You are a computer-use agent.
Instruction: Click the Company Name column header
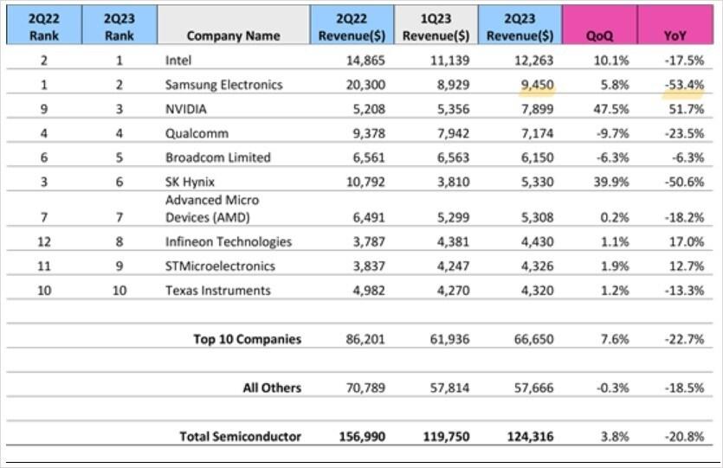[233, 35]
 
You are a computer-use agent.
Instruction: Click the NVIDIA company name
[186, 110]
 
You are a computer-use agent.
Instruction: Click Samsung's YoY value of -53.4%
[683, 85]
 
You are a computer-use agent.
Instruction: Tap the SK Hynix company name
[190, 182]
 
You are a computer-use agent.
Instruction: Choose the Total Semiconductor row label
[240, 436]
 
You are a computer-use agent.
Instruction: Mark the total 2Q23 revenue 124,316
[529, 436]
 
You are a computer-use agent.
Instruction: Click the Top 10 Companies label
[247, 339]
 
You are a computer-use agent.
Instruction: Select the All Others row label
[271, 388]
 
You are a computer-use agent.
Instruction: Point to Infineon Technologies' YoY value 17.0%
[686, 242]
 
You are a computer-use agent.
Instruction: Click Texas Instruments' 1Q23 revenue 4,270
[452, 291]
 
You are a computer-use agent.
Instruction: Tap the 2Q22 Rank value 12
[43, 242]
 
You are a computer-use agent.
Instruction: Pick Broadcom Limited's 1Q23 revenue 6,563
[452, 157]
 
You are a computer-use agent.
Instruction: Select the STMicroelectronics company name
[220, 266]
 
